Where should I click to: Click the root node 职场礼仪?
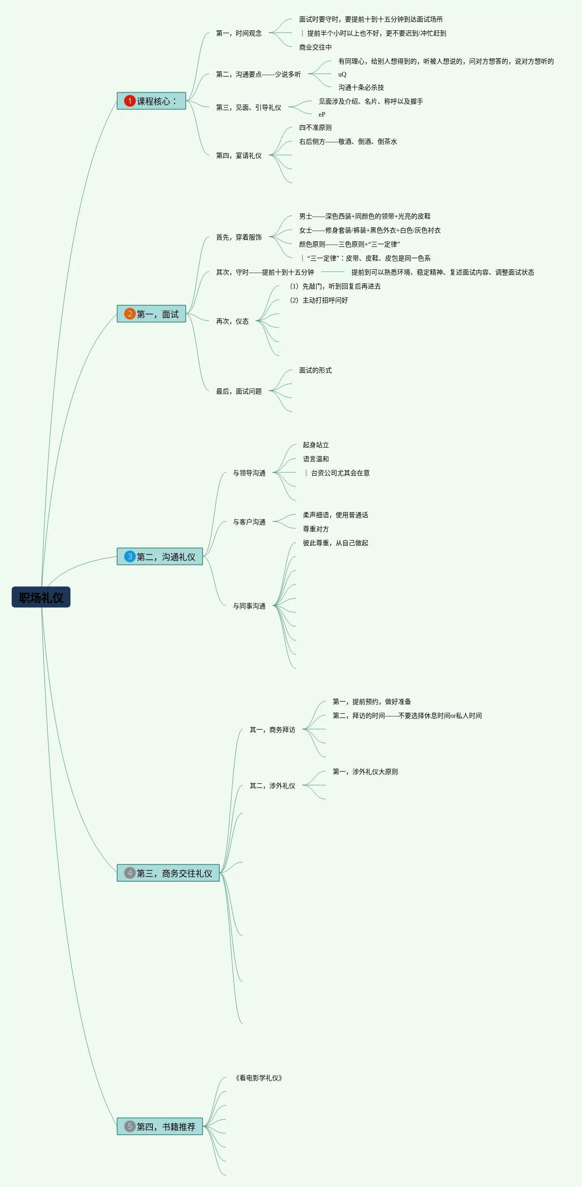point(41,597)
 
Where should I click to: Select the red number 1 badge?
point(130,101)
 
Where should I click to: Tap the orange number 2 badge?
point(130,314)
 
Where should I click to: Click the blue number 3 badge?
point(130,556)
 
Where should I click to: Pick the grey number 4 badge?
point(130,873)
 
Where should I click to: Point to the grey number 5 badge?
point(130,1126)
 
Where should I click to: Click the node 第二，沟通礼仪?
point(166,556)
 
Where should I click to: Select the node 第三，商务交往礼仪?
point(174,873)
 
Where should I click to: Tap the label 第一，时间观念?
point(238,33)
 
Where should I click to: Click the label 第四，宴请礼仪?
point(238,155)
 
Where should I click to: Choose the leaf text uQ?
point(342,74)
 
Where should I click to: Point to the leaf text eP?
point(322,114)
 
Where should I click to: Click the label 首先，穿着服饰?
point(238,237)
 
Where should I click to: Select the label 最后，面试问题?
point(238,391)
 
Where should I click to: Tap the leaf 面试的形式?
point(315,370)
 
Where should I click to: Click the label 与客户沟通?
point(249,522)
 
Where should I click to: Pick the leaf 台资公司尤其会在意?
point(340,473)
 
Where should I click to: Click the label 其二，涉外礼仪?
point(272,786)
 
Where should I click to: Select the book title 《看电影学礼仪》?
point(259,1078)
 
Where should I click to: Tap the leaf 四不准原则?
point(315,127)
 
